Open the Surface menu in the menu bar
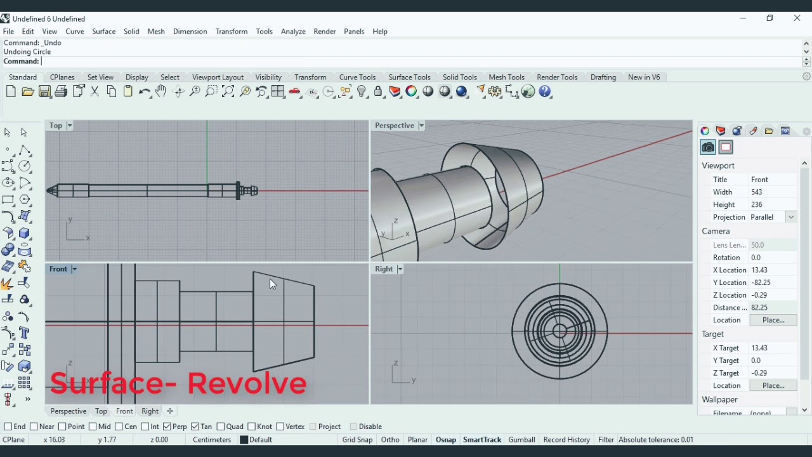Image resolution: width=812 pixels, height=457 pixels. tap(103, 31)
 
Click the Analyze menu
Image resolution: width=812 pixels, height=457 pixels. tap(293, 31)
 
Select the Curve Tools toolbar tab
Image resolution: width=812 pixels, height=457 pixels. tap(357, 77)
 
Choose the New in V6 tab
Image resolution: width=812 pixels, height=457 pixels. tap(644, 77)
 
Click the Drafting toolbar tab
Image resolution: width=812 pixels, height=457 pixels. tap(603, 77)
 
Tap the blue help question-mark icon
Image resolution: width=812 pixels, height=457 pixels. tap(546, 92)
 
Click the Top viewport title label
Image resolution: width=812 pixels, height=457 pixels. tap(56, 126)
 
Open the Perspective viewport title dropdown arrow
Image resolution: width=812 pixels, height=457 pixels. tap(421, 126)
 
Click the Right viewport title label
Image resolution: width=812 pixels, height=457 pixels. tap(384, 269)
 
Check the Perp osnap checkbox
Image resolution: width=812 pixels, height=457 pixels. tap(167, 427)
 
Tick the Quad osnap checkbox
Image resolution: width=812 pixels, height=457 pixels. tap(221, 427)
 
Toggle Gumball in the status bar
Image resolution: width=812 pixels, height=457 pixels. tap(521, 439)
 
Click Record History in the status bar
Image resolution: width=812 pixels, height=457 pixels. tap(566, 439)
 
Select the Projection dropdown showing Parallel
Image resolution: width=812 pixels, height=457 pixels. tap(773, 217)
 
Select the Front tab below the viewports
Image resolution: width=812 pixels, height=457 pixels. tap(124, 411)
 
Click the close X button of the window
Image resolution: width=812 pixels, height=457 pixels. tap(797, 18)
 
